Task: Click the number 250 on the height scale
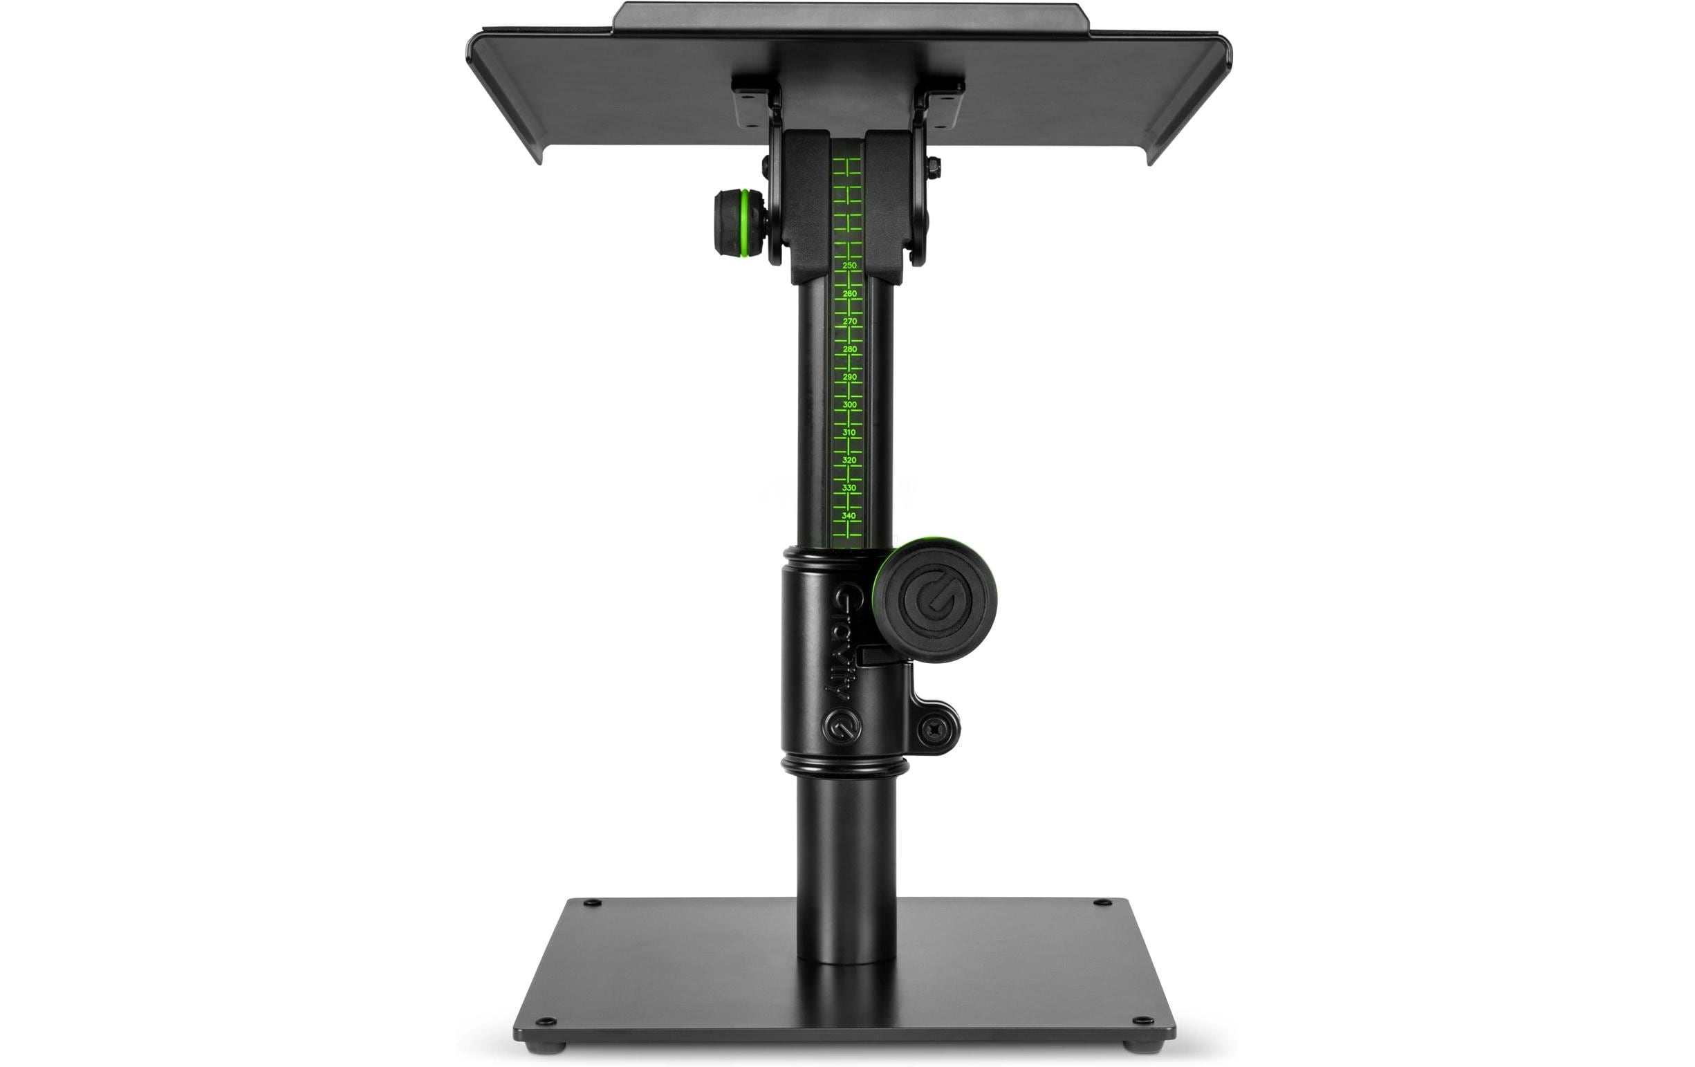tap(850, 266)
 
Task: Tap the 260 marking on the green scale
tap(850, 293)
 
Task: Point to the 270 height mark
tap(850, 322)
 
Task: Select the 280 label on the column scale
tap(850, 349)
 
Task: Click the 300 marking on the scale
tap(850, 405)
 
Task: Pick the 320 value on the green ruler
tap(850, 461)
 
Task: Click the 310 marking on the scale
tap(850, 432)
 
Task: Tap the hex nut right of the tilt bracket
tap(934, 167)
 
